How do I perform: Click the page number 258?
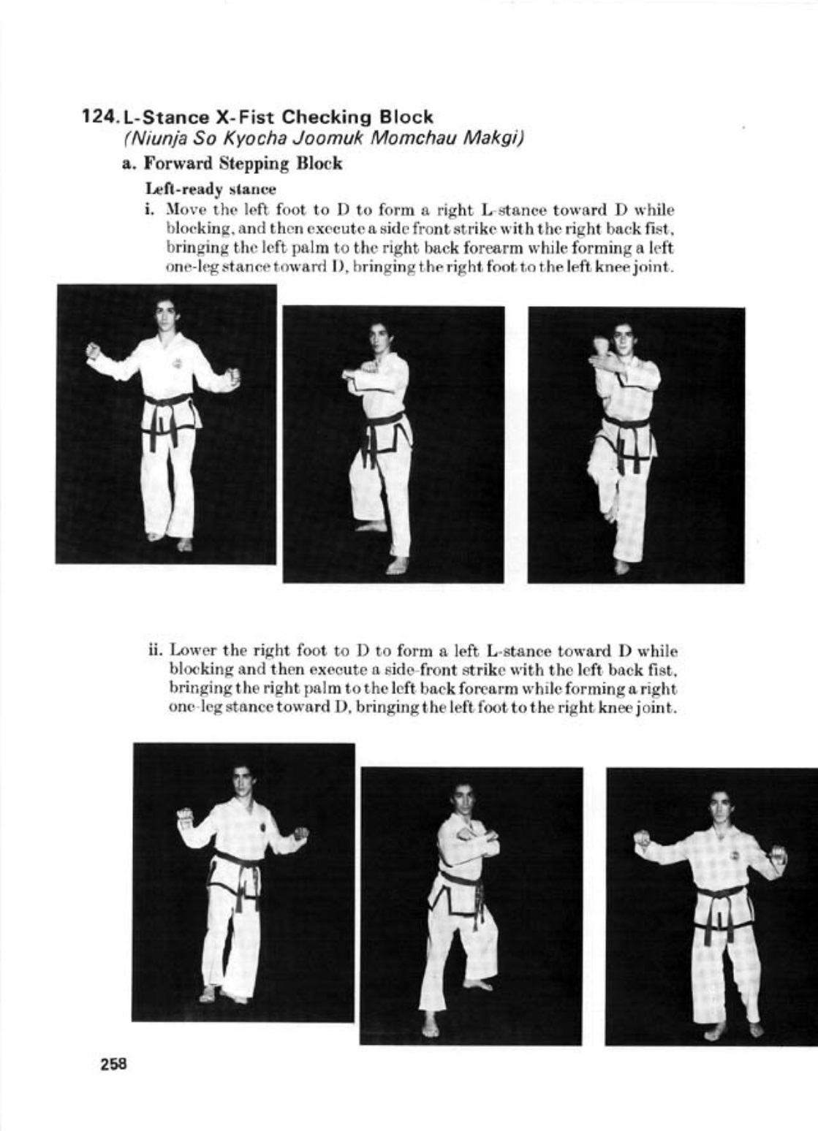pos(114,1063)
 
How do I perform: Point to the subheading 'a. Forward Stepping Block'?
pos(232,163)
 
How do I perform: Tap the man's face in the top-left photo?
pos(166,314)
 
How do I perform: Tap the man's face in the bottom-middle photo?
pos(462,799)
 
